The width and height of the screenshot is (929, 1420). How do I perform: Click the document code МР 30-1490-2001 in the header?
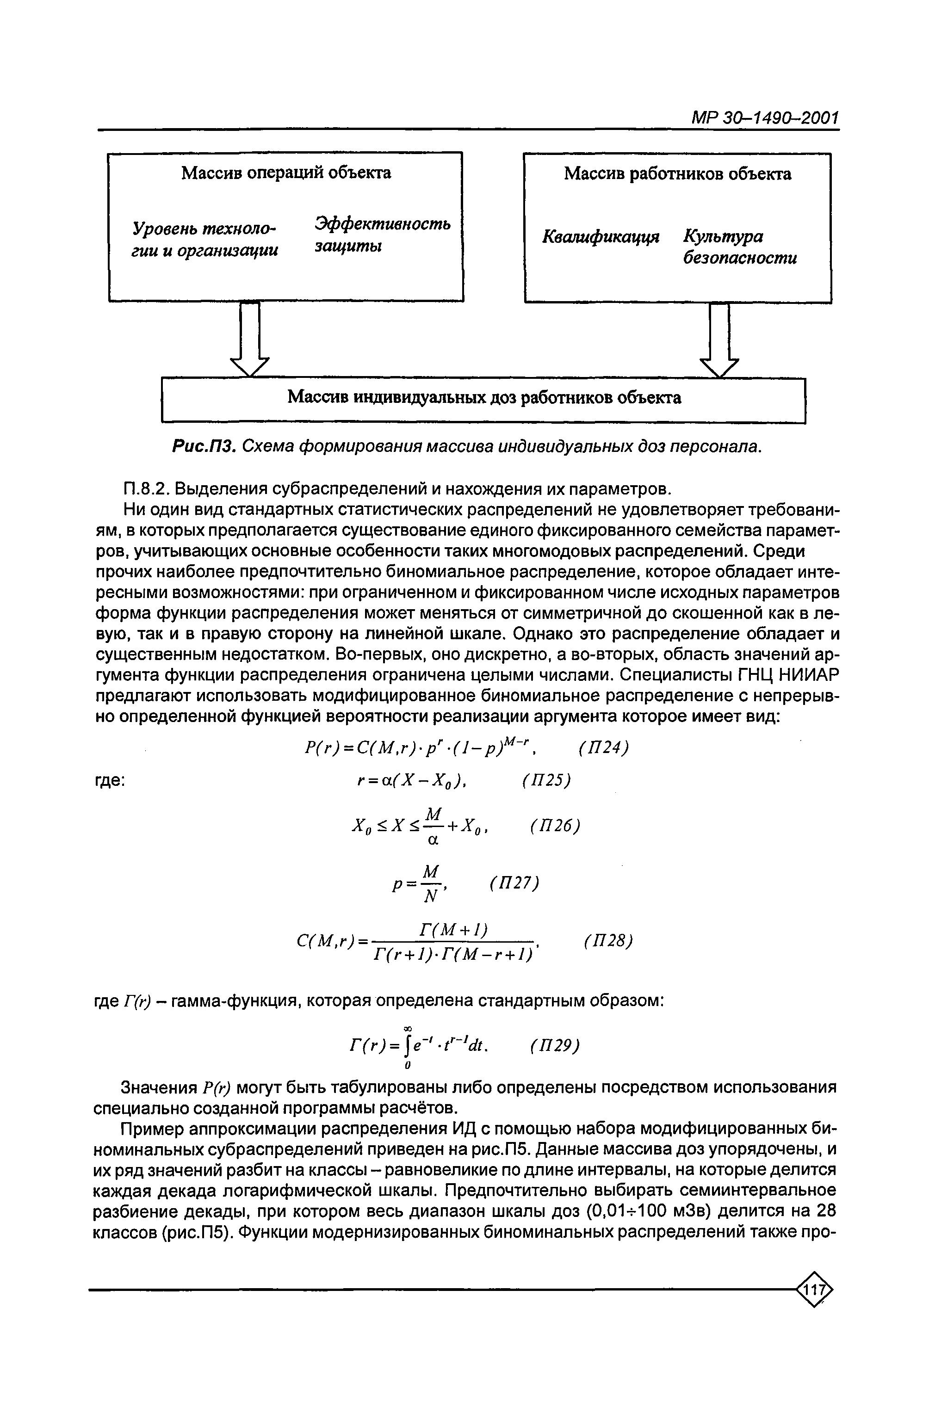pyautogui.click(x=764, y=117)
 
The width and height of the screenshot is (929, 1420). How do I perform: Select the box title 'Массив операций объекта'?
pyautogui.click(x=286, y=173)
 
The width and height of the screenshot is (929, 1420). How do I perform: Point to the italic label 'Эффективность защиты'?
pyautogui.click(x=382, y=235)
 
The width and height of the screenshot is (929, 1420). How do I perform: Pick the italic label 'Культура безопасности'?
pyautogui.click(x=739, y=247)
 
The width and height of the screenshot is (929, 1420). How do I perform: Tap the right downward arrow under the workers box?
pyautogui.click(x=719, y=340)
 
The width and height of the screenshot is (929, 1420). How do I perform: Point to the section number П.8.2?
pyautogui.click(x=146, y=489)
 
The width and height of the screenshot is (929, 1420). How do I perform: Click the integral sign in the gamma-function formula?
pyautogui.click(x=408, y=1045)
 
